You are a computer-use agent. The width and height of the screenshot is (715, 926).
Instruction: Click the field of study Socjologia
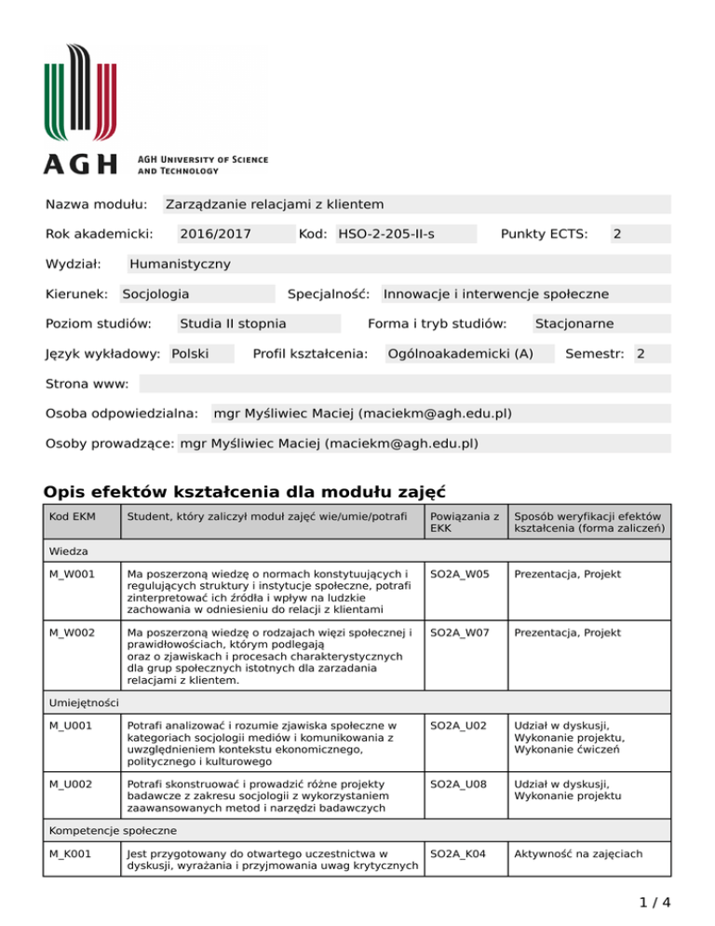coord(156,293)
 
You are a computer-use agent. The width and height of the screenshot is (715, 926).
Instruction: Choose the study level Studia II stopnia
coord(233,323)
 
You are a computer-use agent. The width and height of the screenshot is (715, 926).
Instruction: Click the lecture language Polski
coord(190,353)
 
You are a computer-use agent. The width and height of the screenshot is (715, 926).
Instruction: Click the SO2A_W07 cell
coord(459,632)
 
